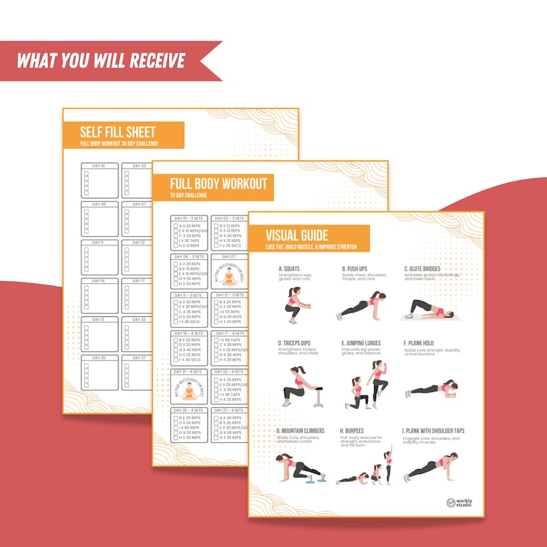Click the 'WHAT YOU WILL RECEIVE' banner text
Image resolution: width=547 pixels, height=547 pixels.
(x=101, y=60)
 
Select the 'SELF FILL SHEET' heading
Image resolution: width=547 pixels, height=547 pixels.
(x=118, y=132)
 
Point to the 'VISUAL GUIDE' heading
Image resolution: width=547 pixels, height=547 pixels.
(x=298, y=235)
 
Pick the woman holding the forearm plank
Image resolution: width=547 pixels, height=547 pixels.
(x=431, y=389)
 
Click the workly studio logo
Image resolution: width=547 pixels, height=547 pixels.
(x=460, y=504)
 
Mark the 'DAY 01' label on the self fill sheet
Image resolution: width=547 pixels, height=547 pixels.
(x=99, y=166)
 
